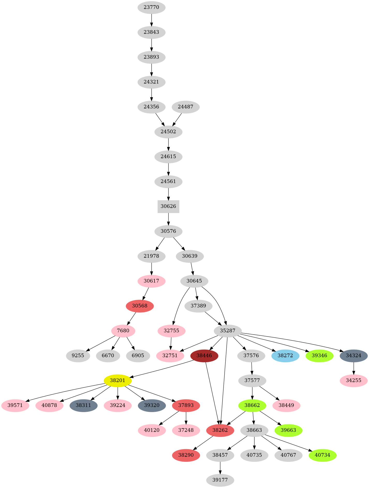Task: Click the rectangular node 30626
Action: [x=168, y=206]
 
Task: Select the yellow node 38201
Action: [x=118, y=380]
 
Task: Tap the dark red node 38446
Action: [x=204, y=356]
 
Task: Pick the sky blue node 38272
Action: [x=285, y=356]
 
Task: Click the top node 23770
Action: [x=151, y=7]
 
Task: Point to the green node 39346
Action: [x=319, y=356]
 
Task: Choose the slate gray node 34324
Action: [x=353, y=356]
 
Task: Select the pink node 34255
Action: [x=353, y=380]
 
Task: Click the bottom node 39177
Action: [x=220, y=480]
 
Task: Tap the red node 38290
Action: [x=186, y=455]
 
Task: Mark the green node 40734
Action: [x=322, y=455]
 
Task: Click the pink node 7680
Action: [x=123, y=331]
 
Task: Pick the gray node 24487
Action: [x=186, y=107]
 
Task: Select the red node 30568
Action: [x=140, y=306]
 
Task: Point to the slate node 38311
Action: [x=84, y=405]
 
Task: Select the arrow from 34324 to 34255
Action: [x=353, y=368]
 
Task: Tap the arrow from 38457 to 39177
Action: [x=220, y=468]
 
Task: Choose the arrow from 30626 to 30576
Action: [x=168, y=219]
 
